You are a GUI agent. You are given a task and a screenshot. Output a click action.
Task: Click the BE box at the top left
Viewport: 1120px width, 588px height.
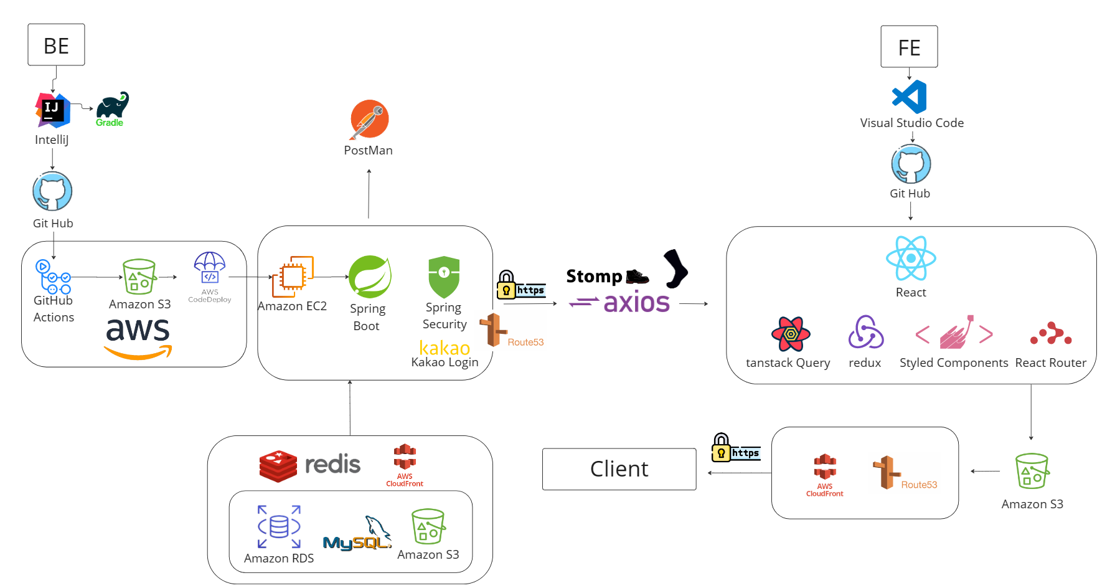tap(56, 45)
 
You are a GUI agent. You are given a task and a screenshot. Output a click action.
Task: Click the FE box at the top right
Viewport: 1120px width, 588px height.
tap(909, 47)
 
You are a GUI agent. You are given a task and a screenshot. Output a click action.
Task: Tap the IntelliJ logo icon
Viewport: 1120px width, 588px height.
tap(52, 110)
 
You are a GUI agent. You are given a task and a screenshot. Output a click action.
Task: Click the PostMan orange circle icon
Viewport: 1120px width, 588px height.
tap(369, 119)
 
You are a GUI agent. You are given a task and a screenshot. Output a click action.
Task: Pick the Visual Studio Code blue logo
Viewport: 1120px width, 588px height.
tap(910, 97)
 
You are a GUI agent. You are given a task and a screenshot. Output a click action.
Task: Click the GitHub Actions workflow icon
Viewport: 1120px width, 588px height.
tap(53, 277)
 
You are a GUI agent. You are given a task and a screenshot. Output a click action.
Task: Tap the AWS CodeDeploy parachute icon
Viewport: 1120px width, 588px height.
tap(210, 268)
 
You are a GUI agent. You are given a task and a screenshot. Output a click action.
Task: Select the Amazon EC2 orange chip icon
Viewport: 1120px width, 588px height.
tap(292, 276)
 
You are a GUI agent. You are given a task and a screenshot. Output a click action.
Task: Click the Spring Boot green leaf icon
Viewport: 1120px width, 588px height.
tap(370, 277)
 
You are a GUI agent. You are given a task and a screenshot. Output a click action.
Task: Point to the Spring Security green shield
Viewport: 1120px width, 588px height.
tap(444, 277)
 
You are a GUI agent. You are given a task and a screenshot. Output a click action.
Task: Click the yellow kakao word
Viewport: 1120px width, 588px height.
tap(445, 348)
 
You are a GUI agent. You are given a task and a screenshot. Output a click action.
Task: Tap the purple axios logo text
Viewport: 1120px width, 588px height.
tap(636, 303)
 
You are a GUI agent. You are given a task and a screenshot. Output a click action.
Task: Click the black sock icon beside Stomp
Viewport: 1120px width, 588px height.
tap(675, 268)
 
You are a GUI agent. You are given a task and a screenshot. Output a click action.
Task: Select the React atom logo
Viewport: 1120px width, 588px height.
tap(911, 258)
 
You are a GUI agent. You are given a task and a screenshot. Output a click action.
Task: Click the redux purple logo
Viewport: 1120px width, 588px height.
tap(865, 332)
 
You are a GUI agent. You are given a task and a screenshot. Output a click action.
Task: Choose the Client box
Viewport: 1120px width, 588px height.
tap(619, 469)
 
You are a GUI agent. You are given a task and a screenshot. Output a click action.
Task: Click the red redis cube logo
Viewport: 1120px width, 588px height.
tap(278, 466)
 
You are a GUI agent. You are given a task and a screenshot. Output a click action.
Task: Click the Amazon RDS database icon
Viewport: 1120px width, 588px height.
tap(279, 527)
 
